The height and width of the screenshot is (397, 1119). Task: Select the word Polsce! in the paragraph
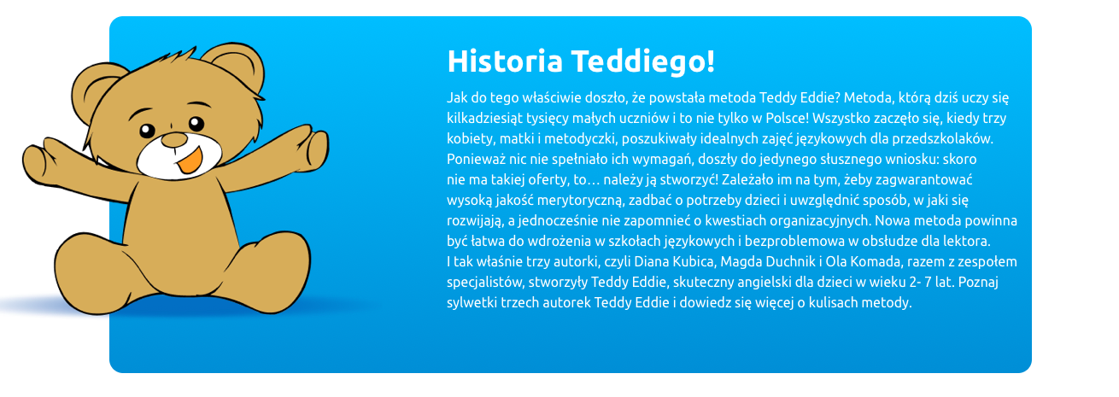pyautogui.click(x=787, y=119)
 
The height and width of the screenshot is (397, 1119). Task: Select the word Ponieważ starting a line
pyautogui.click(x=475, y=160)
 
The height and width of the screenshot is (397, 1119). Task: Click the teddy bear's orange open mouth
pyautogui.click(x=190, y=161)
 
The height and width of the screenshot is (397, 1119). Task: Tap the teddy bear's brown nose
pyautogui.click(x=174, y=140)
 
